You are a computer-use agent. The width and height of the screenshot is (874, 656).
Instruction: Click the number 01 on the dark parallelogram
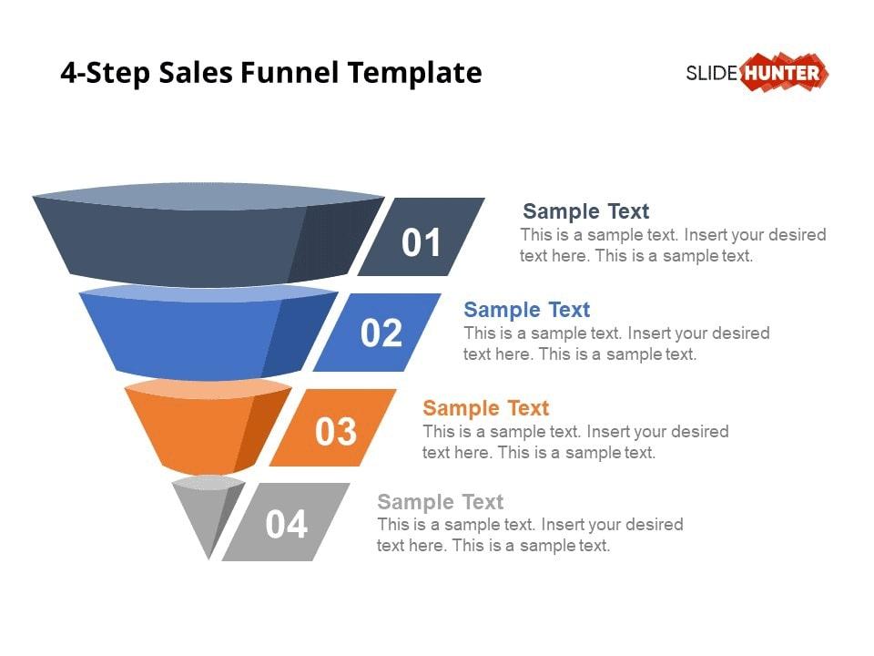[422, 242]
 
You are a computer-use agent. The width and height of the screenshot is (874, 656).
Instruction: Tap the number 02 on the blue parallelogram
[381, 333]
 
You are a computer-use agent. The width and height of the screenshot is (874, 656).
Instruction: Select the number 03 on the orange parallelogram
[336, 431]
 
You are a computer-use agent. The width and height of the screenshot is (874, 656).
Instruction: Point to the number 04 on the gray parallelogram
[287, 525]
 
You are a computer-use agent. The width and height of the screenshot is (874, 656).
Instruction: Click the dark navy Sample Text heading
[585, 211]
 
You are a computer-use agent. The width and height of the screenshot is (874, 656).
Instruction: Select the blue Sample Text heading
[527, 310]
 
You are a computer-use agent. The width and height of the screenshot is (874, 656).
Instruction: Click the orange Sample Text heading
[486, 408]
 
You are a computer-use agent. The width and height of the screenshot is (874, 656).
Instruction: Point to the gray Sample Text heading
[441, 501]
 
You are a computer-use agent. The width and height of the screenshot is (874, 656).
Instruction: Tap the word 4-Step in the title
[106, 74]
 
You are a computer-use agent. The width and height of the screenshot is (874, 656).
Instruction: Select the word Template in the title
[415, 74]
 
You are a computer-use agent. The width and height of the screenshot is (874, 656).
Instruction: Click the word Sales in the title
[195, 73]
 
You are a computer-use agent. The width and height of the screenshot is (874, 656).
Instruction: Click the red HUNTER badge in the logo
[784, 72]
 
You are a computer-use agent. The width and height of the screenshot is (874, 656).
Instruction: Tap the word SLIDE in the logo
[712, 73]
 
